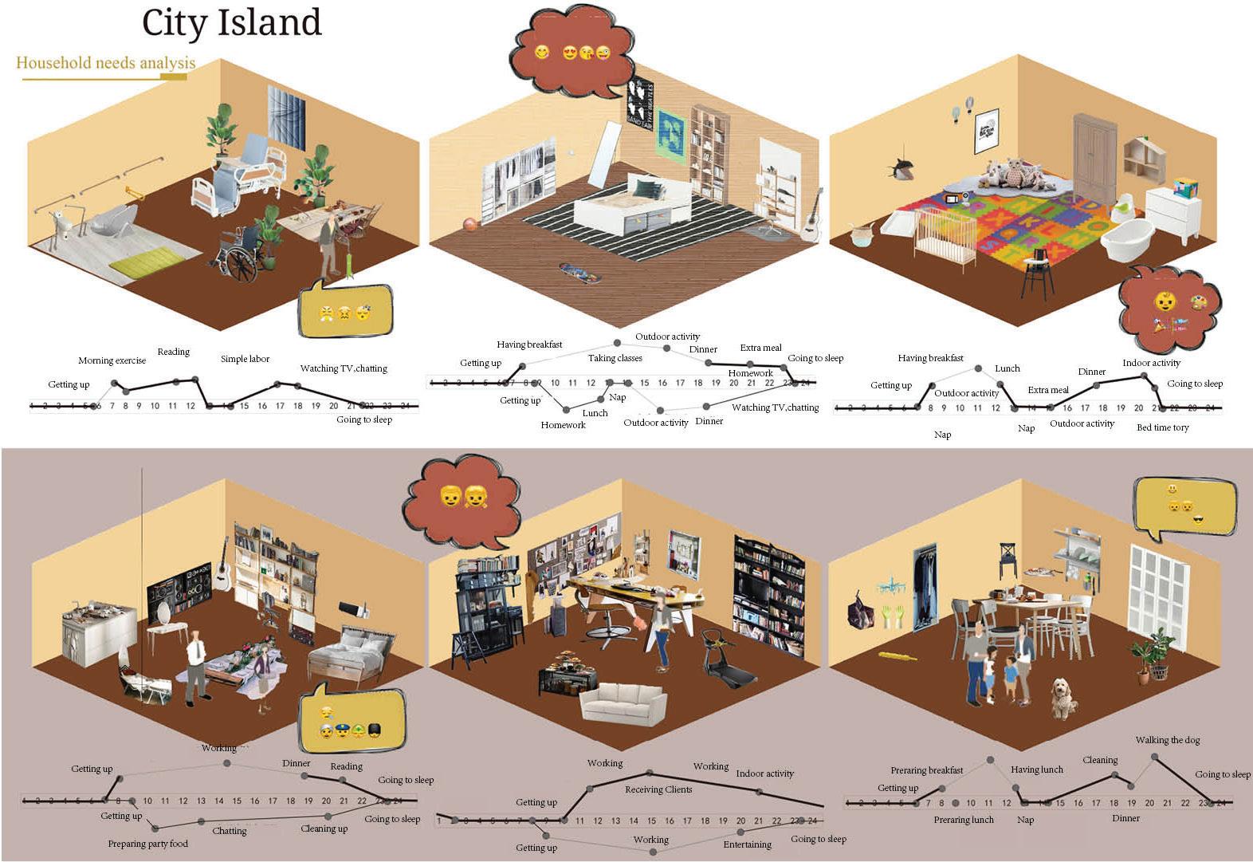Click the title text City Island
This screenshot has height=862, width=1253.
tap(232, 23)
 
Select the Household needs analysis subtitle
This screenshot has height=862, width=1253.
tap(106, 63)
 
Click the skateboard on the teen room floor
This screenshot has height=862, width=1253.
tap(578, 273)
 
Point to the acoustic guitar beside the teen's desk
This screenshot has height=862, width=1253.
tap(811, 217)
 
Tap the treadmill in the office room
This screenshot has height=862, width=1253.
tap(727, 658)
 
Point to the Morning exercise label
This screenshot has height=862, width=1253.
tap(112, 360)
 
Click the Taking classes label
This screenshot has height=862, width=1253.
tap(615, 358)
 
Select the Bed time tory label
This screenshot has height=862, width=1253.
tap(1162, 427)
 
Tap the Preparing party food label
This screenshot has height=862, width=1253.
tap(148, 844)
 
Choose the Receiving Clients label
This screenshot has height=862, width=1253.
tap(658, 789)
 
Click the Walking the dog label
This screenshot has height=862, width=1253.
tap(1168, 740)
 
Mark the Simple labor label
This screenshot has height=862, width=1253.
tap(245, 359)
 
